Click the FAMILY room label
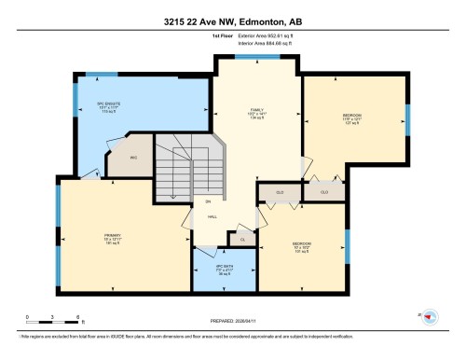click(247, 112)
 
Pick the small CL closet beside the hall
click(242, 240)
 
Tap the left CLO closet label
click(281, 192)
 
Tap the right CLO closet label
click(324, 192)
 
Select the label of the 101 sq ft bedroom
click(302, 247)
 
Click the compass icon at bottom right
click(431, 318)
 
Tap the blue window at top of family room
click(247, 57)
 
